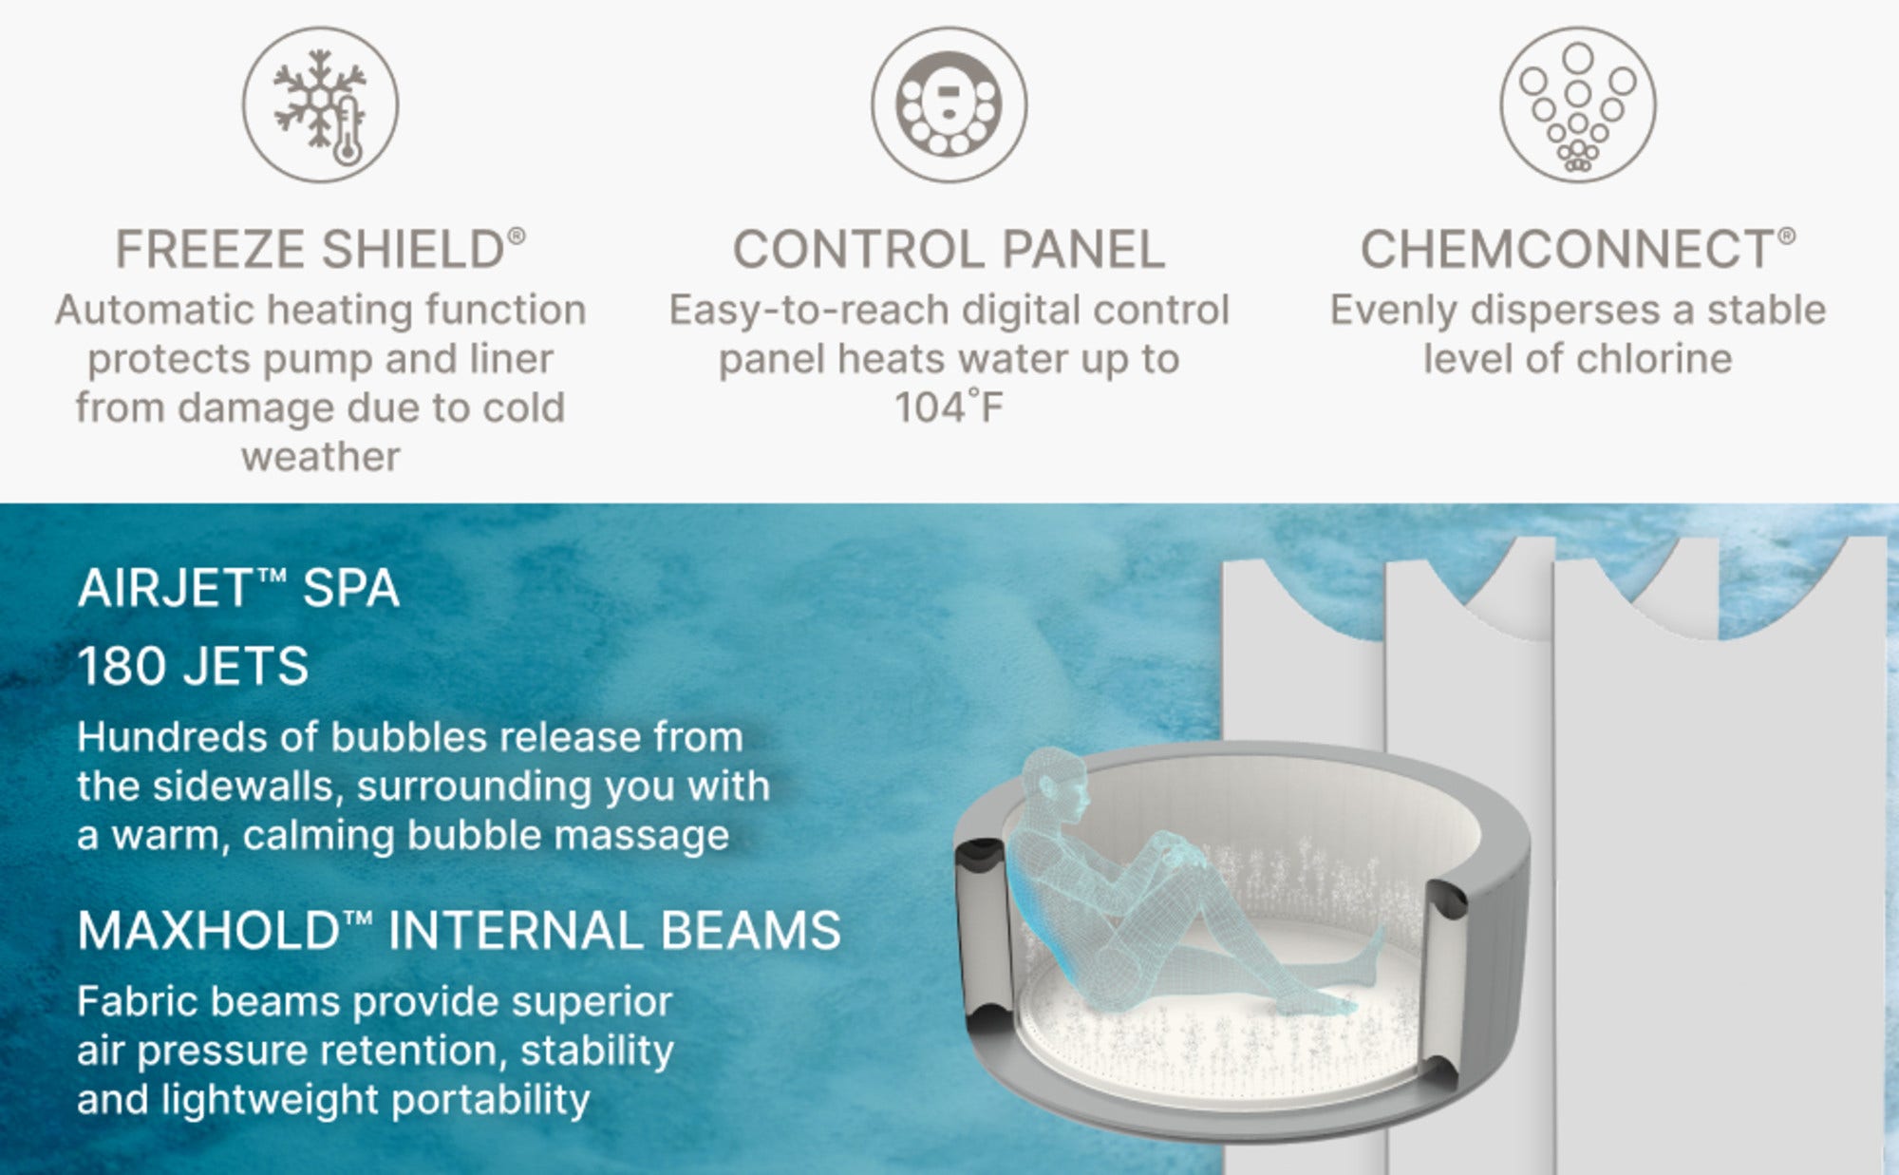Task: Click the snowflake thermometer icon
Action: [320, 104]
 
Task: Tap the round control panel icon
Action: [949, 104]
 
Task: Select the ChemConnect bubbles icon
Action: [1577, 104]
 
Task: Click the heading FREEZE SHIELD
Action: [320, 250]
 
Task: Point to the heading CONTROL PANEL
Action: [949, 250]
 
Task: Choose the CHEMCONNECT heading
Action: [1577, 250]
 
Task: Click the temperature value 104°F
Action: [949, 407]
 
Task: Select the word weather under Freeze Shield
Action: [320, 458]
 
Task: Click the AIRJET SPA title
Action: [238, 588]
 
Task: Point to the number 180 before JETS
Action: [123, 666]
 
